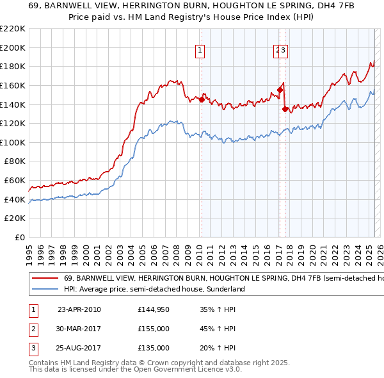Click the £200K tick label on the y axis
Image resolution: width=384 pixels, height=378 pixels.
tap(13, 47)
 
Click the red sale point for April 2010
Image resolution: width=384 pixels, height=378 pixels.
tap(202, 100)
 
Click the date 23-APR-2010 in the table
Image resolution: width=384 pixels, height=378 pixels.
tap(79, 309)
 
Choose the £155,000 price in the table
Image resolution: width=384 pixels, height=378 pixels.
tap(154, 329)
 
